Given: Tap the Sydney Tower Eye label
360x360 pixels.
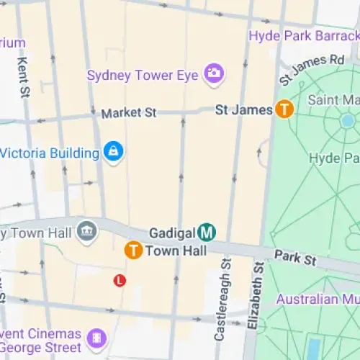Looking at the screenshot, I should pyautogui.click(x=144, y=75).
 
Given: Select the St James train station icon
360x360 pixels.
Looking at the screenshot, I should pyautogui.click(x=285, y=109).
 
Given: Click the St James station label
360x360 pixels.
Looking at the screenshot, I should pyautogui.click(x=245, y=109).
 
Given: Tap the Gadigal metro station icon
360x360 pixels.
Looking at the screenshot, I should pyautogui.click(x=207, y=232).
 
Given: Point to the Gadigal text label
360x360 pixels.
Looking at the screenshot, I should pyautogui.click(x=172, y=233).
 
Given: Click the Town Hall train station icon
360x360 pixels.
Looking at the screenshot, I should pyautogui.click(x=132, y=250).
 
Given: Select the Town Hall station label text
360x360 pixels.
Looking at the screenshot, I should pyautogui.click(x=176, y=251).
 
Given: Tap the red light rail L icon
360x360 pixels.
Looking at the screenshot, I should pyautogui.click(x=120, y=279).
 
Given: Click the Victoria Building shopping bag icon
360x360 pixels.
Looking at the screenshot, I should pyautogui.click(x=113, y=152).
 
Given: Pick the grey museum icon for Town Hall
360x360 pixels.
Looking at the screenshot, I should pyautogui.click(x=86, y=231).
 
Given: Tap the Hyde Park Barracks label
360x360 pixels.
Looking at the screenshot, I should pyautogui.click(x=303, y=35).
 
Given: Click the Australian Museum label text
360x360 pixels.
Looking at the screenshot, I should pyautogui.click(x=317, y=298).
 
